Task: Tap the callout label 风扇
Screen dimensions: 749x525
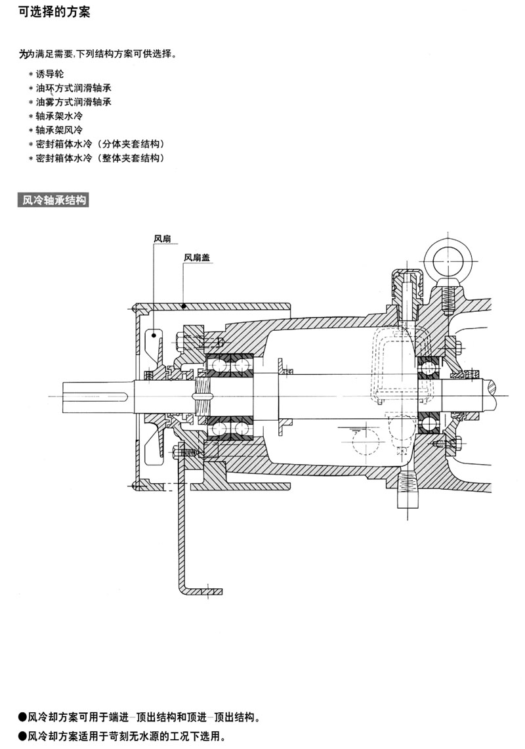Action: coord(162,239)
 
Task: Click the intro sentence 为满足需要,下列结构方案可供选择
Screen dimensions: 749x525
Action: coord(97,54)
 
